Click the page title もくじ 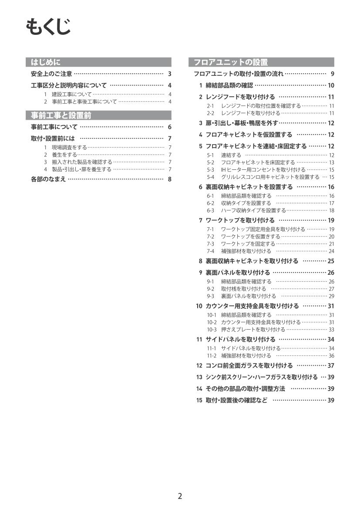[x=48, y=27]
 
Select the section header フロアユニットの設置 [x=231, y=62]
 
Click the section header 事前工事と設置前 [x=61, y=115]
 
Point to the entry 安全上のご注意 [x=51, y=74]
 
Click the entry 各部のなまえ [x=48, y=179]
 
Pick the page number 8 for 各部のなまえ [x=169, y=179]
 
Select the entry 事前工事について [x=54, y=127]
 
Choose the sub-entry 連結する [x=231, y=155]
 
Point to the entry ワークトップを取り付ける [x=240, y=220]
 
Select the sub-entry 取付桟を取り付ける [x=243, y=289]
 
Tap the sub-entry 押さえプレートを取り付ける [x=253, y=330]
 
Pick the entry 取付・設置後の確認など [x=236, y=400]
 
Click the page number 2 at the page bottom [x=180, y=496]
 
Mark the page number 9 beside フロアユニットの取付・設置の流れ [x=332, y=74]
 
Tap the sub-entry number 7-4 [x=211, y=251]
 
